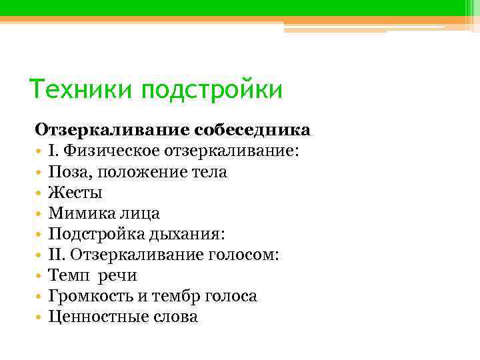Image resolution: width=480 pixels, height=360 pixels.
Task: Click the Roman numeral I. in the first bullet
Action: (x=53, y=151)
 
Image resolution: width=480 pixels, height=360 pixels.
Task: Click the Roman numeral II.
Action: (x=57, y=255)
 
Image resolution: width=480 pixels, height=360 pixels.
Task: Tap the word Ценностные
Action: (x=95, y=317)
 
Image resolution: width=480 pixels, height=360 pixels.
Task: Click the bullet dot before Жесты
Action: (x=39, y=193)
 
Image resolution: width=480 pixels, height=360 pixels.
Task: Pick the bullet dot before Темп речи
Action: (x=39, y=276)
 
